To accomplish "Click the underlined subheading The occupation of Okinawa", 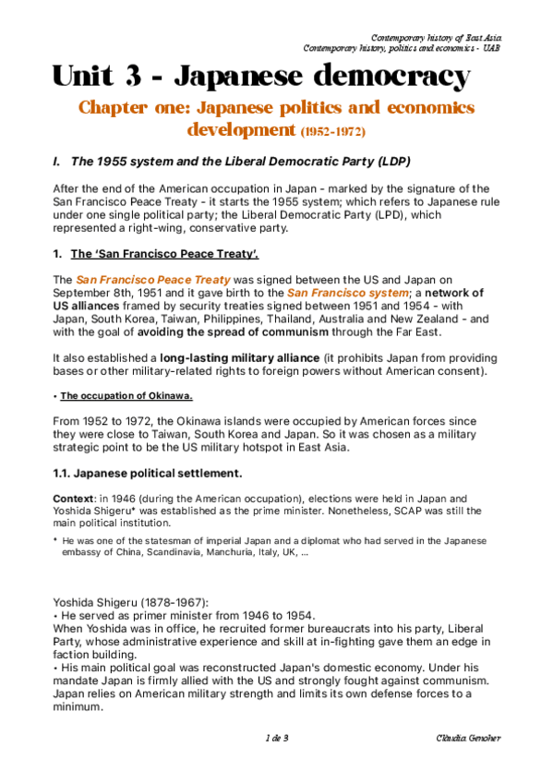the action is [x=126, y=396].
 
